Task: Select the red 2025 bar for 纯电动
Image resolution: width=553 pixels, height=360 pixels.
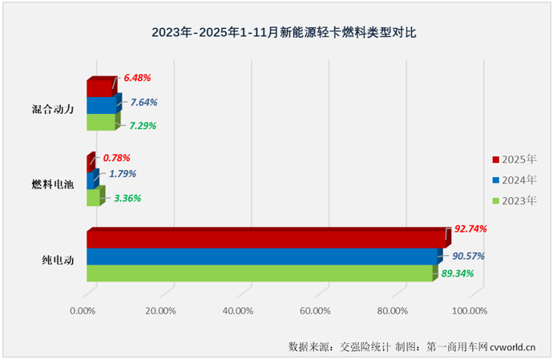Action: (264, 239)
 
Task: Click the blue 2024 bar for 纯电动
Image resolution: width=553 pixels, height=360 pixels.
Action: (263, 256)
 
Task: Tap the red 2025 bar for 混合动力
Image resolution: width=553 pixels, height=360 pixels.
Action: (99, 87)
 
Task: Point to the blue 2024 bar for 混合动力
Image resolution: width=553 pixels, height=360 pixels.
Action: (101, 105)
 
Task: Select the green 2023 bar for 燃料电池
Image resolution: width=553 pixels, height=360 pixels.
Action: (93, 197)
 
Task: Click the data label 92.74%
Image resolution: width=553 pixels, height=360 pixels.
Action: (470, 229)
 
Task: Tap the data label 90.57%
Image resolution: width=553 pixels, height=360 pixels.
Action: (467, 256)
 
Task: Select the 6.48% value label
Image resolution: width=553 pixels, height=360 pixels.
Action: (136, 79)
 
